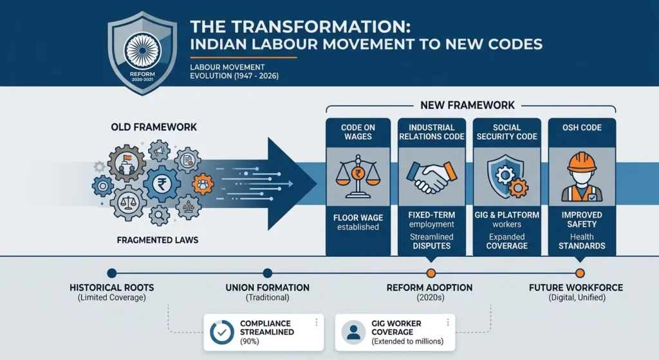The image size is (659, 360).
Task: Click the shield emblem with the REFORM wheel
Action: (142, 53)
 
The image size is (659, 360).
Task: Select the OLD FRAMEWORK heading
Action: (154, 127)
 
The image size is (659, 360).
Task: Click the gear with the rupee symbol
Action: (162, 184)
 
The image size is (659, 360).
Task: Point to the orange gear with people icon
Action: (203, 184)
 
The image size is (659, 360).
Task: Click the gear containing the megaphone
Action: (160, 151)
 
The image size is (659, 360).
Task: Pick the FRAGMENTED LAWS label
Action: (158, 240)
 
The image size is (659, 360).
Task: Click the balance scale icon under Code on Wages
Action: (358, 176)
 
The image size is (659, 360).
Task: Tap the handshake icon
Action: (432, 176)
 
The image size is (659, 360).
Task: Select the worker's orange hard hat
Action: (582, 162)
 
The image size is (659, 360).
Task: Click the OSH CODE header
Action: (582, 128)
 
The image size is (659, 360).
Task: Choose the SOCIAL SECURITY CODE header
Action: (507, 132)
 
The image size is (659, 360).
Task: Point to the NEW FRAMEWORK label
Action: (467, 105)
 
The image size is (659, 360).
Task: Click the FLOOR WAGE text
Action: (358, 218)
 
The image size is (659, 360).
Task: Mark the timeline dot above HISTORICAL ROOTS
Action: (112, 273)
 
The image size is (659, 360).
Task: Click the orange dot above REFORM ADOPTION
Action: (431, 273)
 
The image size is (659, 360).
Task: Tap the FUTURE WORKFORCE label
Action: (576, 288)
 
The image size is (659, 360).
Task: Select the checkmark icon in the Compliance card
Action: (222, 332)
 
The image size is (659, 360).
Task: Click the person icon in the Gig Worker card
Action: (353, 332)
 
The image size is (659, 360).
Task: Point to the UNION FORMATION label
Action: (267, 288)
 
